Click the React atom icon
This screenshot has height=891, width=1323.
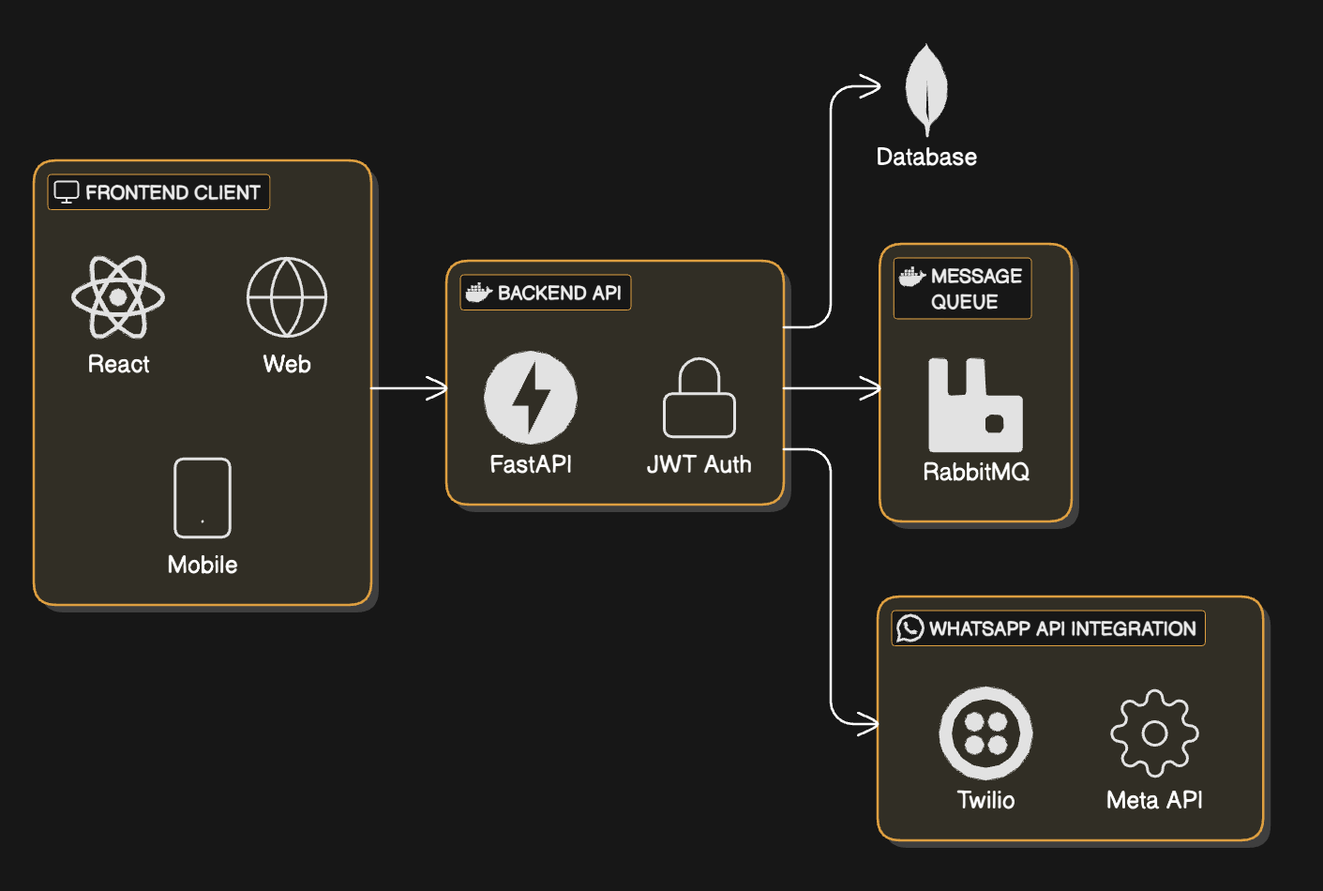[118, 297]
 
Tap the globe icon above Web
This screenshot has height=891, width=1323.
[287, 297]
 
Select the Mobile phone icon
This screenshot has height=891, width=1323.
[203, 498]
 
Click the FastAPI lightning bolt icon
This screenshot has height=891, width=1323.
[531, 398]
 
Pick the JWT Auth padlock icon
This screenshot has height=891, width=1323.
[699, 399]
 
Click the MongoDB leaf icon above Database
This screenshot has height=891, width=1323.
[926, 90]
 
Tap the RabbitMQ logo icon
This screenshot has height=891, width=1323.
[975, 405]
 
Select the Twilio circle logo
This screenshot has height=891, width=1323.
[985, 733]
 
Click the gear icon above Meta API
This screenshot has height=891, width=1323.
[1154, 733]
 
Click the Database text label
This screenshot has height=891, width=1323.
[926, 157]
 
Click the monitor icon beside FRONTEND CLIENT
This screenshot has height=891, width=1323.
[67, 192]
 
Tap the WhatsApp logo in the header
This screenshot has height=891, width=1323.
[910, 628]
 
